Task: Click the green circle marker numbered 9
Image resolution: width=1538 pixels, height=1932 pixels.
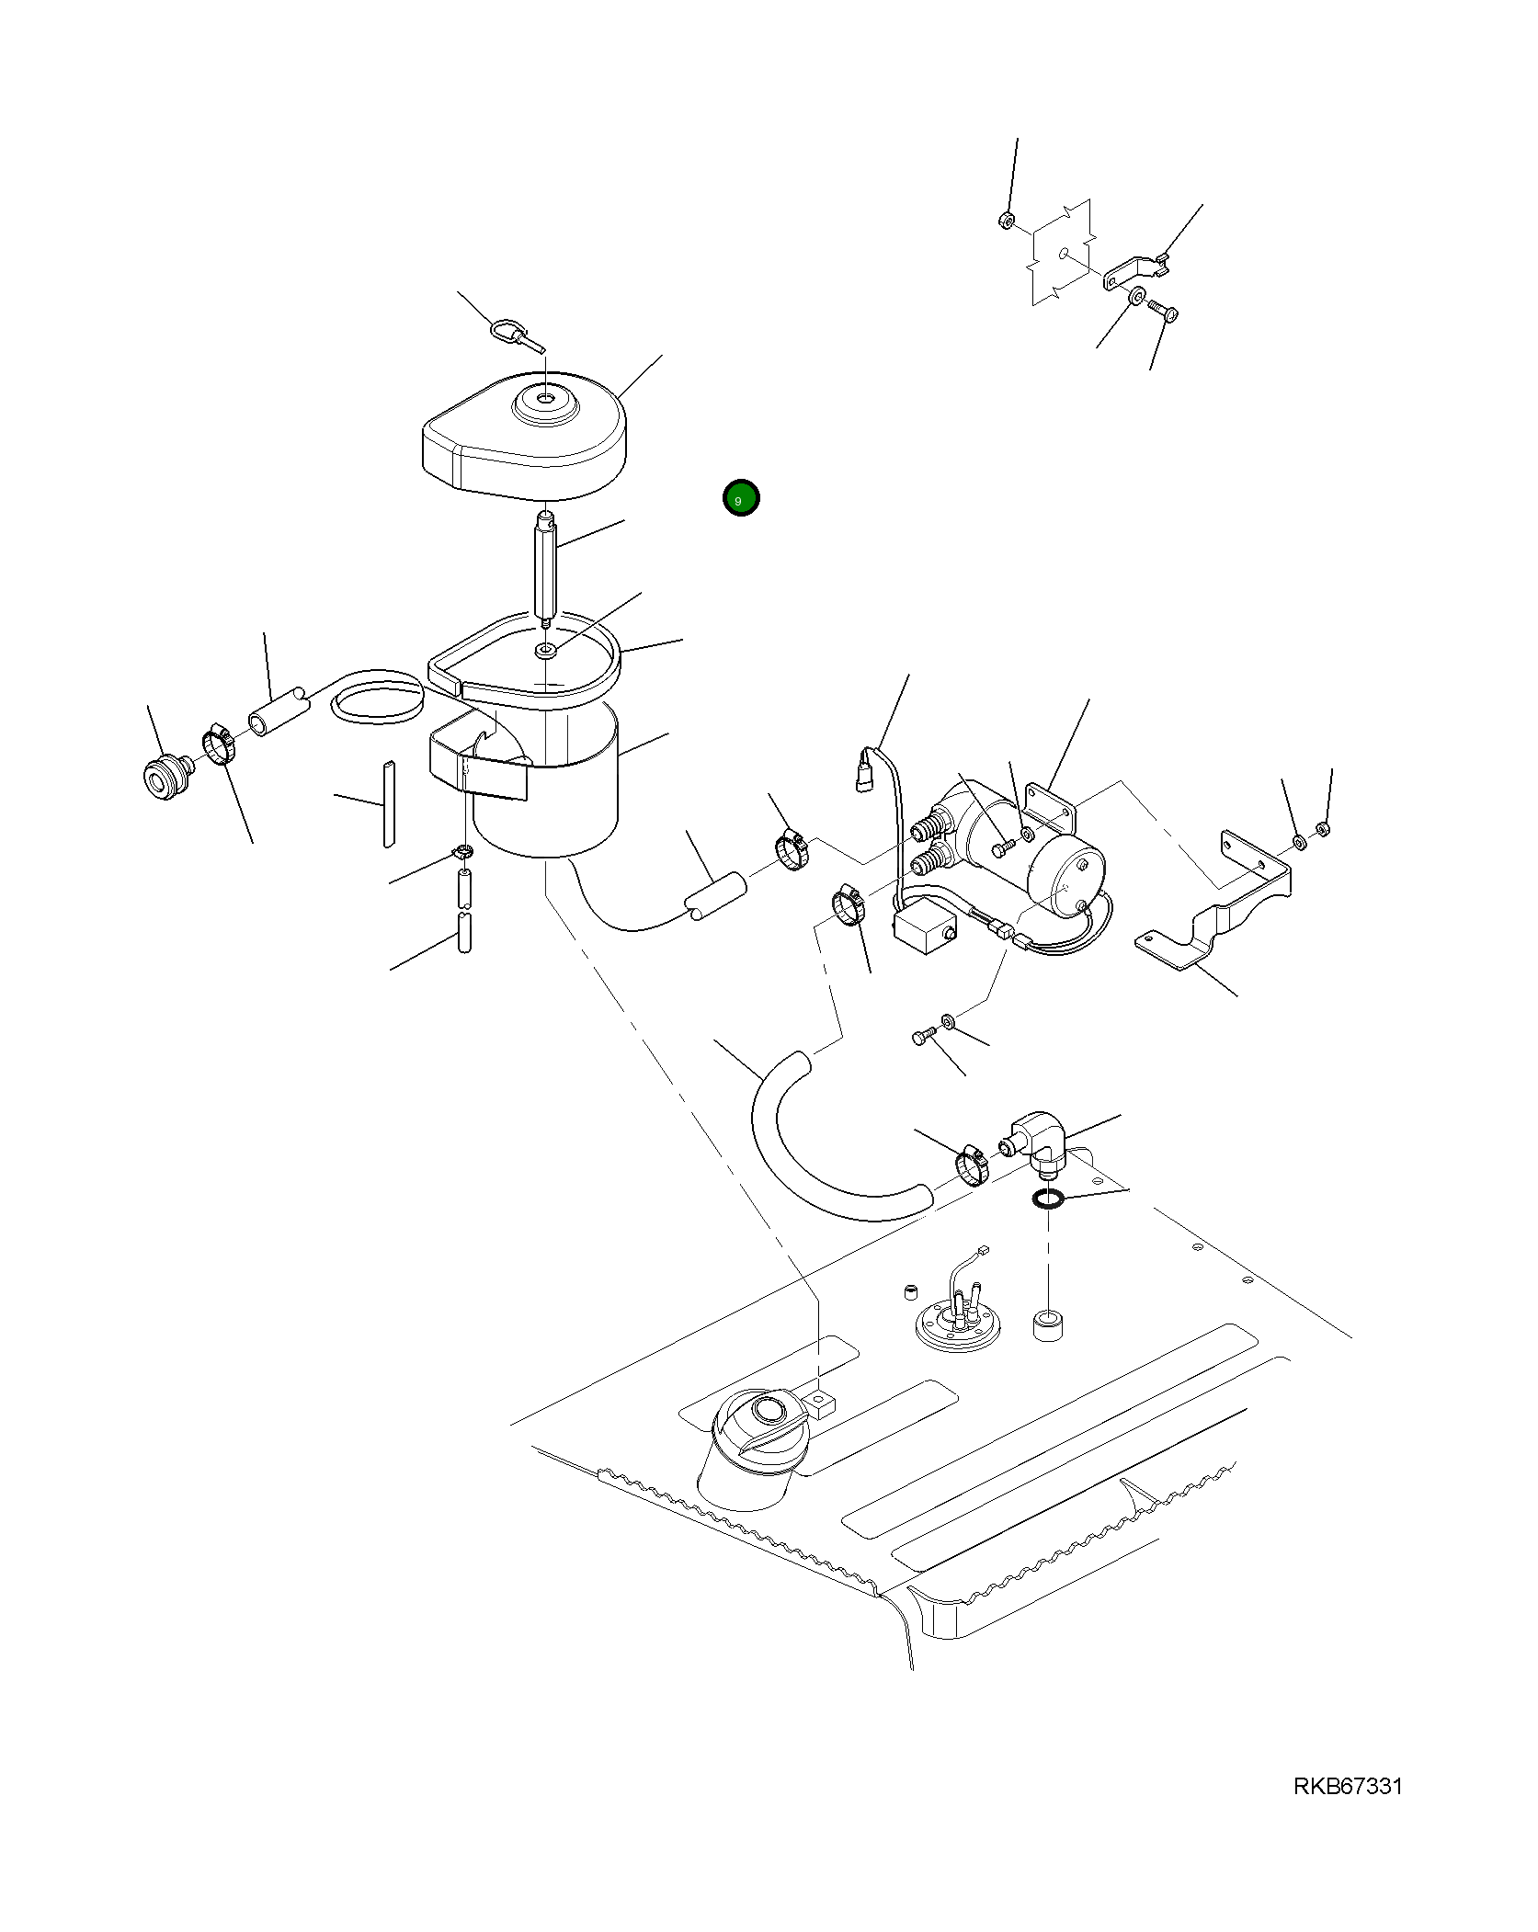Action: pyautogui.click(x=740, y=498)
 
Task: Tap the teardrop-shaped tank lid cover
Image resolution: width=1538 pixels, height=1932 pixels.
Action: pyautogui.click(x=525, y=436)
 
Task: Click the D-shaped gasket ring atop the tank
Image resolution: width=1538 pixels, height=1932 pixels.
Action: pyautogui.click(x=525, y=655)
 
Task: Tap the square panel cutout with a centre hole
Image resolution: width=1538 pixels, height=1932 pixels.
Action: pyautogui.click(x=1063, y=252)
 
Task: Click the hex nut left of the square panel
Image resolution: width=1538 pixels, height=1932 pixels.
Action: pyautogui.click(x=1006, y=221)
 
